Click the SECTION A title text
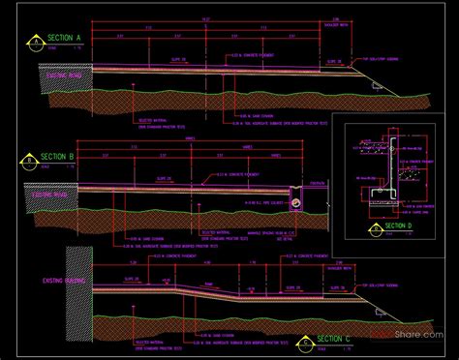click(65, 38)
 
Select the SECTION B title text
click(59, 155)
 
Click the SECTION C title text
click(334, 339)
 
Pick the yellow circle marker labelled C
click(307, 341)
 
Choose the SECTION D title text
click(399, 226)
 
